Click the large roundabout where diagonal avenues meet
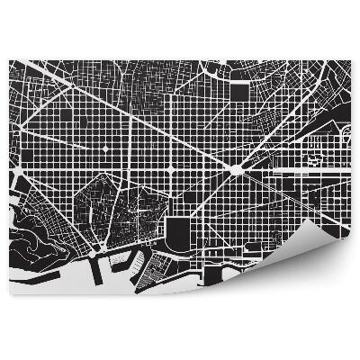tap(236, 169)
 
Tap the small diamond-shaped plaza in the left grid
tap(103, 146)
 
